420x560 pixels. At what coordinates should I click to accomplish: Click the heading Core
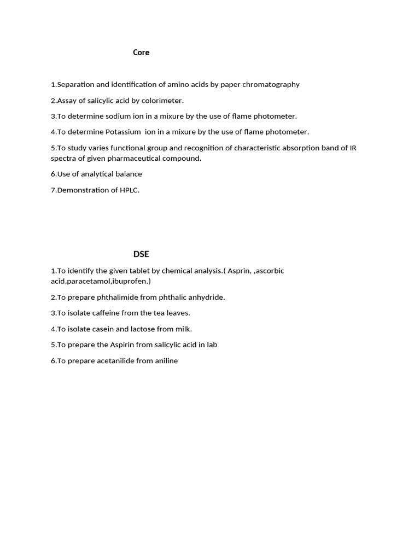point(141,52)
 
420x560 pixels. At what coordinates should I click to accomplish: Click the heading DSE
point(141,254)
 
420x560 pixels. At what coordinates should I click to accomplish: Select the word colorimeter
point(162,101)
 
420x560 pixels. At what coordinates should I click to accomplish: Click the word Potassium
point(123,132)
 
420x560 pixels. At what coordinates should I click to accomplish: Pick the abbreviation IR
point(353,148)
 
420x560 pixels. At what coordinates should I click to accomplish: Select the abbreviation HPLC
point(129,190)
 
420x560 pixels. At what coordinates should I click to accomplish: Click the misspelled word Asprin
point(240,271)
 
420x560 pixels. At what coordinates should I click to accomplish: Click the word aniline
point(166,361)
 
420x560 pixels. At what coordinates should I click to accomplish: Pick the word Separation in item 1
point(76,85)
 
